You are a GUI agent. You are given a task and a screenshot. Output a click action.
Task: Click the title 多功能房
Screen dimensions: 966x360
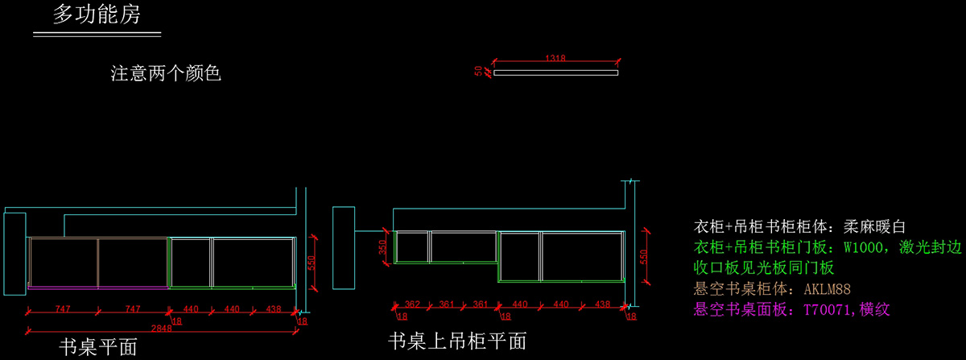coord(97,14)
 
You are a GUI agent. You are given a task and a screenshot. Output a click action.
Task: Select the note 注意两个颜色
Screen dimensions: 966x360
coord(166,73)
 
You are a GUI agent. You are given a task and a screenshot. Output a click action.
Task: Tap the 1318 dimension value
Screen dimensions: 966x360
coord(555,58)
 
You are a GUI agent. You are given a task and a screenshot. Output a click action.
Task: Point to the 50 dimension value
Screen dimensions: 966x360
coord(478,71)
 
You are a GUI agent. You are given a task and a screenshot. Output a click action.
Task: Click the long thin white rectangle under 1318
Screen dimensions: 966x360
coord(556,73)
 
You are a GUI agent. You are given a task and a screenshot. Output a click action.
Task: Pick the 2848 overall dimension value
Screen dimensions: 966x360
coord(161,329)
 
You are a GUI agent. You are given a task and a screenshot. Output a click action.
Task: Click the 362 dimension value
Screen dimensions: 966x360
coord(412,304)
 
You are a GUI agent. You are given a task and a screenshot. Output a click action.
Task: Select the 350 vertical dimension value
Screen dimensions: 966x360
coord(382,247)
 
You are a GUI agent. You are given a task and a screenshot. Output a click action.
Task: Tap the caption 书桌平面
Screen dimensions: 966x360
coord(98,347)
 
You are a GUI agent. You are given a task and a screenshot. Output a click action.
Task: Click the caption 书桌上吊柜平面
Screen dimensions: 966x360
coord(457,341)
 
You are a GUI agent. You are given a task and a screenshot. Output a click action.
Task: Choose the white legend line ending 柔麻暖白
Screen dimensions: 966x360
coord(799,226)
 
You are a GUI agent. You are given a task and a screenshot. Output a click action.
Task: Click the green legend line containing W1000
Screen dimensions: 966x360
coord(828,247)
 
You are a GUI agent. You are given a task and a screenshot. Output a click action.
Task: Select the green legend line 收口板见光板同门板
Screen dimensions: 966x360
coord(764,268)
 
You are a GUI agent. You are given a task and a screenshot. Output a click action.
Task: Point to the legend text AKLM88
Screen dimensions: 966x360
coord(828,289)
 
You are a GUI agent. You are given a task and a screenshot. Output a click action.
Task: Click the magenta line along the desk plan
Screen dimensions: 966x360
coord(98,288)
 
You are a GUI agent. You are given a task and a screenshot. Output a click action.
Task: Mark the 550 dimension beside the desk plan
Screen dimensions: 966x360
coord(312,263)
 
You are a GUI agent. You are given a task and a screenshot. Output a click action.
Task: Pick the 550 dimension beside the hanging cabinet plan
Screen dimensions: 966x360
coord(643,257)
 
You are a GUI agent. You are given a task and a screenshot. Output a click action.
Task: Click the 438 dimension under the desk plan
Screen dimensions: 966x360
coord(274,309)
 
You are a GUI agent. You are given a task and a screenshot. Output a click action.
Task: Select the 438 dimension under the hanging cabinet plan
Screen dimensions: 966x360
coord(602,304)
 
